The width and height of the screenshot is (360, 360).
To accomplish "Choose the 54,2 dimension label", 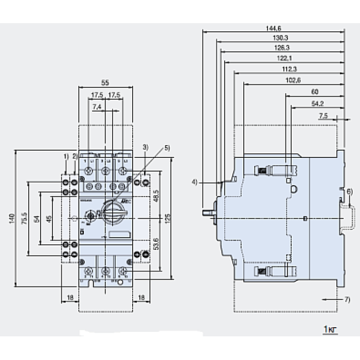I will (317, 103).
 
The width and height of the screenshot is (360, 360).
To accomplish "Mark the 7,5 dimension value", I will (324, 116).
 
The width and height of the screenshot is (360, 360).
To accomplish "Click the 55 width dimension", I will (105, 82).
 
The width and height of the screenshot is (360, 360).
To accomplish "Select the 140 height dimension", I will (12, 218).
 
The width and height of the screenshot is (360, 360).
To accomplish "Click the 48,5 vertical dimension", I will (156, 196).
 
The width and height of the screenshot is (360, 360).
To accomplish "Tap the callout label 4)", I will (195, 182).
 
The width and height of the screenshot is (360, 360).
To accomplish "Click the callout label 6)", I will (349, 191).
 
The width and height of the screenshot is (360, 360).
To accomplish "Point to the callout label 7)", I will (348, 299).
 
